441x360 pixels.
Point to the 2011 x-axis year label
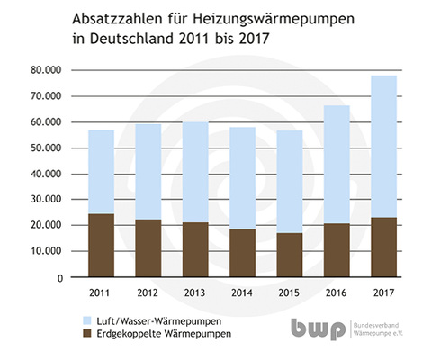tap(101, 292)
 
